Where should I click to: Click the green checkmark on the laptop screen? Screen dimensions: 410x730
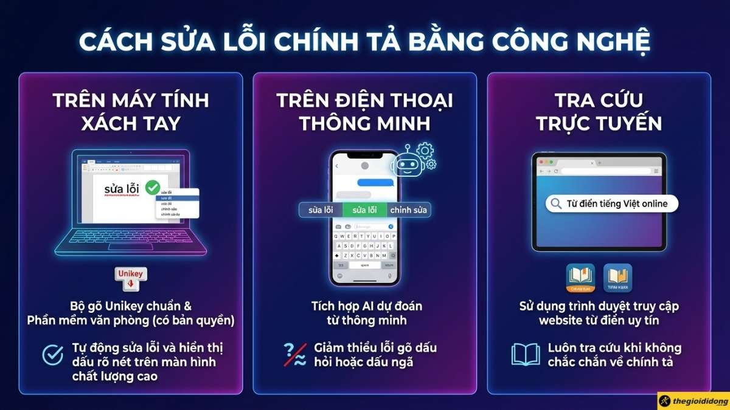click(152, 187)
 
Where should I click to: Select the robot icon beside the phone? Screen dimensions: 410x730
click(406, 162)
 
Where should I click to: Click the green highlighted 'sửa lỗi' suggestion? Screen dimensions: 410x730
click(364, 210)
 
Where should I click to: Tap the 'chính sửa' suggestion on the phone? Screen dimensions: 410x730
click(408, 210)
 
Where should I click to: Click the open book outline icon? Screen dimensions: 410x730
click(526, 355)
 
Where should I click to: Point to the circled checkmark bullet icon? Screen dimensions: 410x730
click(53, 355)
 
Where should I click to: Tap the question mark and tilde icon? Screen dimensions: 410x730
click(295, 355)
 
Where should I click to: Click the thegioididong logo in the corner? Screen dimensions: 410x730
click(693, 400)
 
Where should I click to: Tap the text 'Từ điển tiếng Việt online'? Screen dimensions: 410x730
click(617, 204)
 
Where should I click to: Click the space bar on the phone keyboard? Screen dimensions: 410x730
click(365, 265)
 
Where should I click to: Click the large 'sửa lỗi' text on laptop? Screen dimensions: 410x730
click(122, 189)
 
